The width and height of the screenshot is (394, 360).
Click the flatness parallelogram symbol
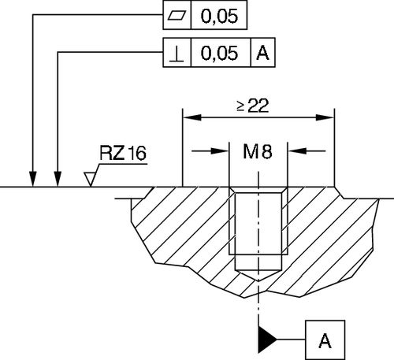tap(174, 15)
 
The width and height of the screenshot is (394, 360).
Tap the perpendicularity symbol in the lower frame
tap(175, 54)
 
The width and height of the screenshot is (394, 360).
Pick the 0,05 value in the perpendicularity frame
tap(220, 54)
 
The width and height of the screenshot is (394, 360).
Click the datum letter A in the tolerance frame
tap(263, 54)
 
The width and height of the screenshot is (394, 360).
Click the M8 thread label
tap(257, 152)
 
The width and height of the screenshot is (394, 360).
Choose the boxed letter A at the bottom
tap(324, 340)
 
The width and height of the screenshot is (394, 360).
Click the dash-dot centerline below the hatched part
tap(258, 311)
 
